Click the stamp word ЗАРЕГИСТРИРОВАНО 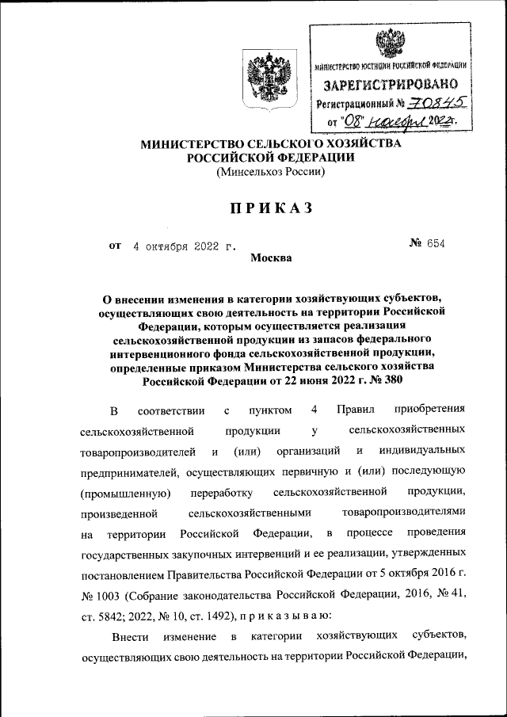[x=388, y=84]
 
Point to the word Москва [x=271, y=257]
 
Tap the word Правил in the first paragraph [x=354, y=410]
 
